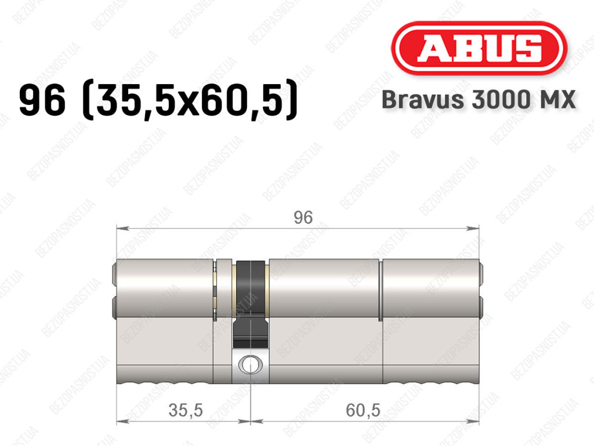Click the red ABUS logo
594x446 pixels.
479,48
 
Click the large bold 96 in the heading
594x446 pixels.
42,100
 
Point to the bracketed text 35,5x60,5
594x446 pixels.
190,100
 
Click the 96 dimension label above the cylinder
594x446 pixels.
303,217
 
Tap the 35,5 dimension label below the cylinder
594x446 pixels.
186,411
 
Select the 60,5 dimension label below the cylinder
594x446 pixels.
363,411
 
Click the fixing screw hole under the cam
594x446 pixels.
250,364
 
